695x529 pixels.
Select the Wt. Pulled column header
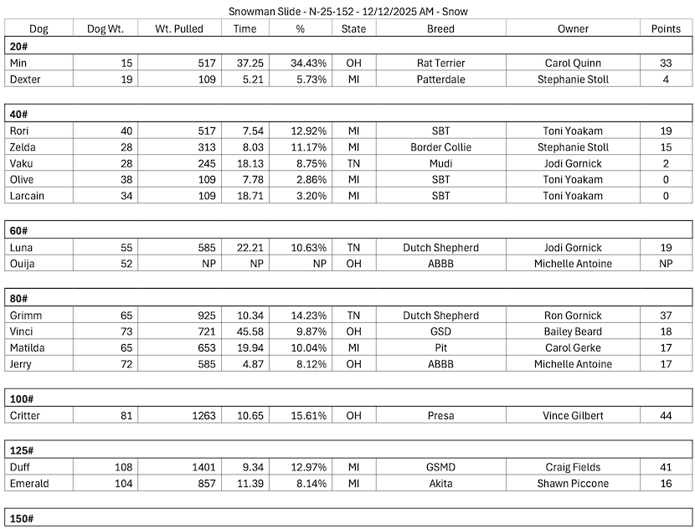[189, 28]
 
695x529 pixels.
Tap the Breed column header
[440, 28]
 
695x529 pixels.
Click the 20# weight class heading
[20, 46]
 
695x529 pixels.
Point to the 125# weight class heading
[23, 450]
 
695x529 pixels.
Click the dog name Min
[18, 63]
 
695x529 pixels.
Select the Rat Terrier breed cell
[440, 63]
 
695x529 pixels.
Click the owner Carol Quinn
[573, 63]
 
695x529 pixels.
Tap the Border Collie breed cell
[440, 147]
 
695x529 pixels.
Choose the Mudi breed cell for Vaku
[440, 163]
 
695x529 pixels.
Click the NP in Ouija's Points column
[666, 264]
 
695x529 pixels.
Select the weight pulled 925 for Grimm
[203, 316]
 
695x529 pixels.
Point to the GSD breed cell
[440, 331]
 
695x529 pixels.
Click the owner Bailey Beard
[573, 331]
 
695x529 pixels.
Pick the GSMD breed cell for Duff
[440, 467]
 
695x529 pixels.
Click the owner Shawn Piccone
[573, 483]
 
